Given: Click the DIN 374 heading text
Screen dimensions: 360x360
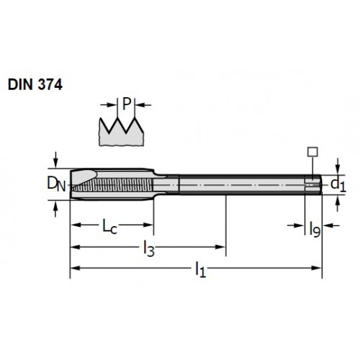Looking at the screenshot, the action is [35, 84].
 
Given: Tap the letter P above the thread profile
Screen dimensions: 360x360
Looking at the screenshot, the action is [127, 104].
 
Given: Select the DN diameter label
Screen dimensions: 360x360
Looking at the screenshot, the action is [56, 184].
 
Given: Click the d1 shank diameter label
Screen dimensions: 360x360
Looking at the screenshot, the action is [338, 185].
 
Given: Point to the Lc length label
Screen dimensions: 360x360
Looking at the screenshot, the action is [110, 226].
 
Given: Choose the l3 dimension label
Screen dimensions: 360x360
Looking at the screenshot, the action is [149, 248].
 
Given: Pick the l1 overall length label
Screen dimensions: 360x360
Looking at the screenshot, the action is [201, 270].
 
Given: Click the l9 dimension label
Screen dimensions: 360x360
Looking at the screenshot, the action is [315, 229].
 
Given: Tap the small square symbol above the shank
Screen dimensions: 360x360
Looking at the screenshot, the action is [312, 152].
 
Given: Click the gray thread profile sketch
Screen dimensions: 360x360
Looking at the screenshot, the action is [121, 132].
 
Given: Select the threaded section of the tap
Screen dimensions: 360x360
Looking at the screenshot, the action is [113, 185].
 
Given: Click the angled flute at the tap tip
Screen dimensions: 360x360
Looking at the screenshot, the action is [84, 177].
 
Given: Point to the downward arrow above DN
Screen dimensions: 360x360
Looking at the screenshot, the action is [55, 160].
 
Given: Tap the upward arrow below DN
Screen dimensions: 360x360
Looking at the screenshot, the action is [55, 209].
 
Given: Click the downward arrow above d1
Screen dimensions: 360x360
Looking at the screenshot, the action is [338, 166].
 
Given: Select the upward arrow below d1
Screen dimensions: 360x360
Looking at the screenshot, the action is [338, 204].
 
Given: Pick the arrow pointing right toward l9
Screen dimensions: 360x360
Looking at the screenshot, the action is [296, 225].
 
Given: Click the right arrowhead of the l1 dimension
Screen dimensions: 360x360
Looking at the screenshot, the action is [316, 268].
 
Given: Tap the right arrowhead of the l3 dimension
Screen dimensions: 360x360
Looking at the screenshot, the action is [220, 247].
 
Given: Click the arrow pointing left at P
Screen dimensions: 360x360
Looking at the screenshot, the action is [143, 105].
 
